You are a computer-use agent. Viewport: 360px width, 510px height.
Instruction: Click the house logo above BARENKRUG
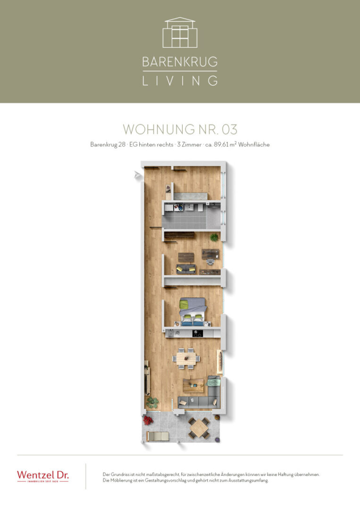pyautogui.click(x=180, y=33)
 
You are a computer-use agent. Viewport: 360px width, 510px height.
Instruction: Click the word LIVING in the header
pyautogui.click(x=180, y=81)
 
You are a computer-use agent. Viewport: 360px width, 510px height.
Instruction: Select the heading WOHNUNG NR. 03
pyautogui.click(x=180, y=129)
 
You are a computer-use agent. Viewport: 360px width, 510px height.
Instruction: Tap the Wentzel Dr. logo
pyautogui.click(x=42, y=476)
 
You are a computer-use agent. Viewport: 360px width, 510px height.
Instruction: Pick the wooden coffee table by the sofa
pyautogui.click(x=193, y=385)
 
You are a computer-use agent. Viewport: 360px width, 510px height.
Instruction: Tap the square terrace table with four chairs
pyautogui.click(x=199, y=428)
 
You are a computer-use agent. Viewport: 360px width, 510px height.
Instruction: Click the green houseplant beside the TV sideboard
pyautogui.click(x=152, y=402)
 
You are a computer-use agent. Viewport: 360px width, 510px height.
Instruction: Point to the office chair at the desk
pyautogui.click(x=210, y=261)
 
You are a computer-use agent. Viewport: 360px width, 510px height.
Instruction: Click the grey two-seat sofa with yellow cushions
pyautogui.click(x=185, y=269)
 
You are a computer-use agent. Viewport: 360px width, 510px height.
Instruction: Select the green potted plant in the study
pyautogui.click(x=214, y=237)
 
